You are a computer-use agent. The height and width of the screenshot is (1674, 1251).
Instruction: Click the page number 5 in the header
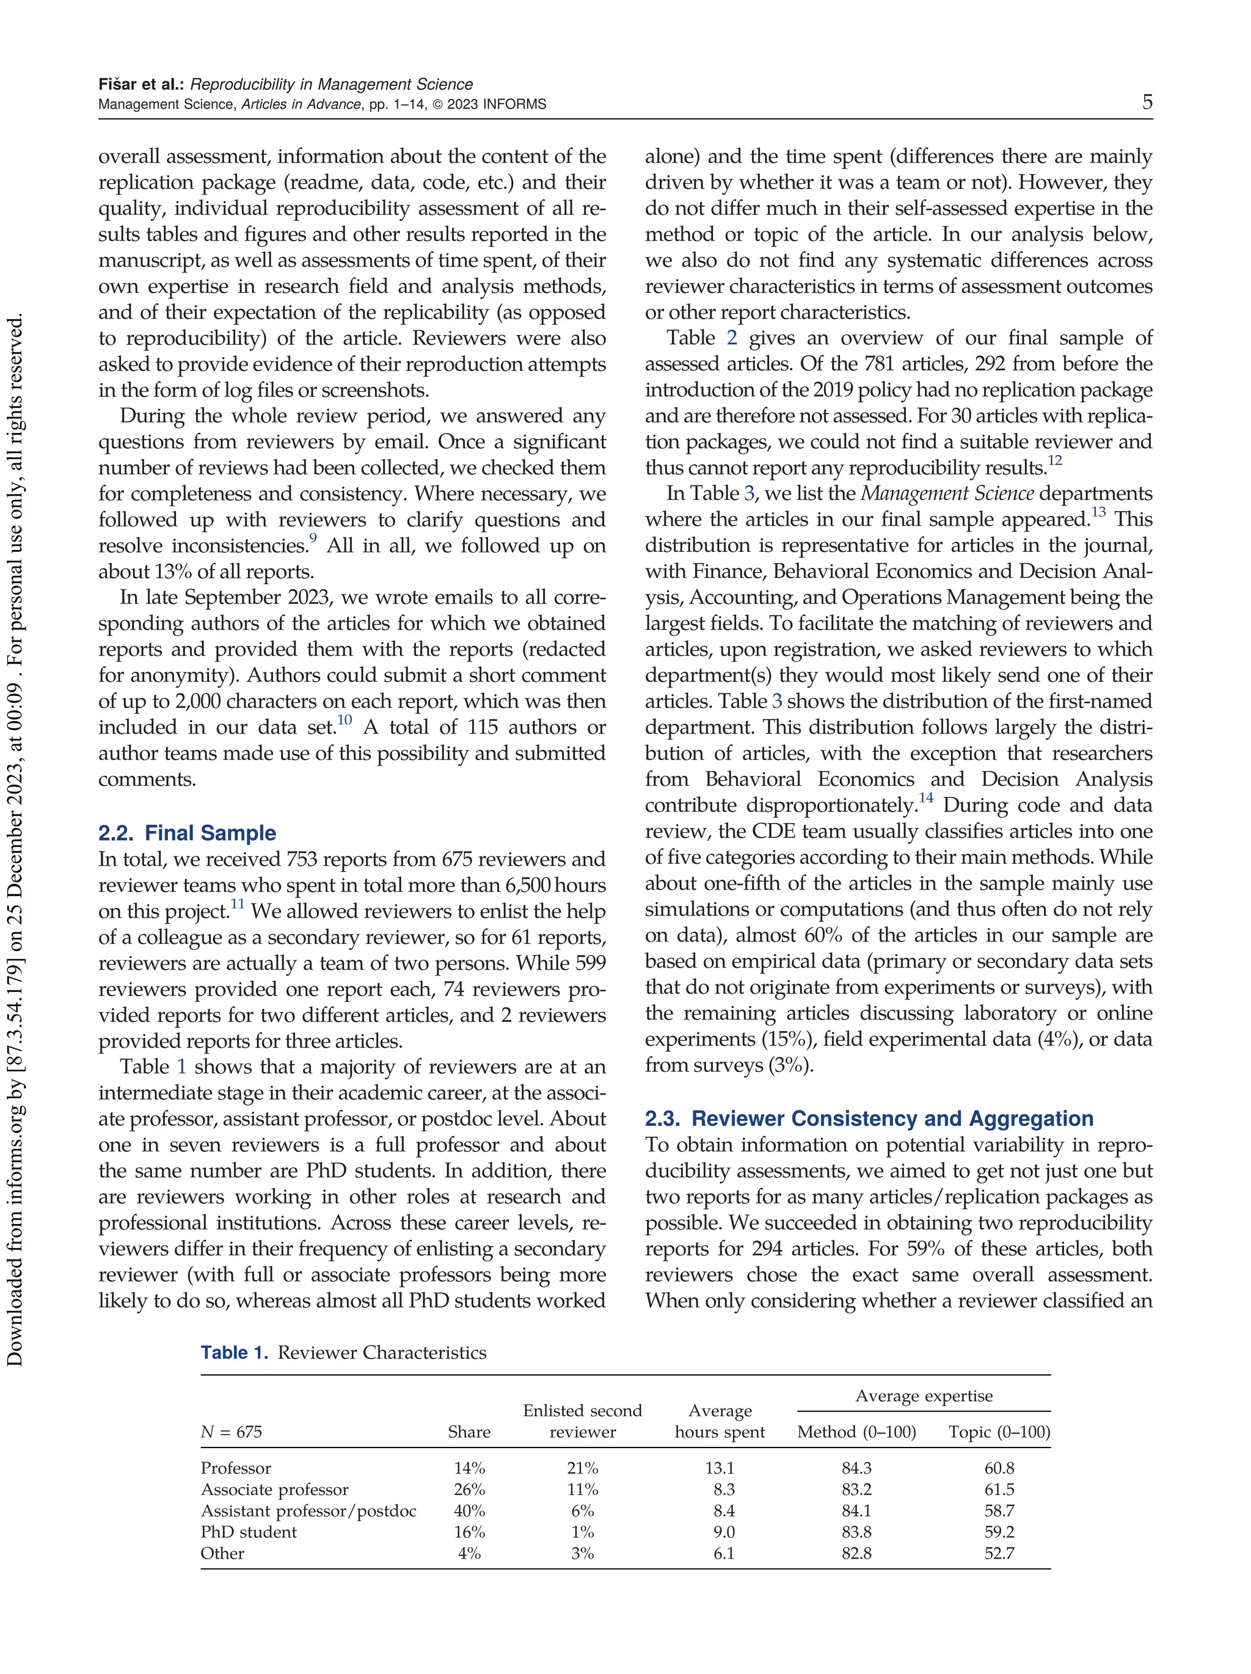[1147, 102]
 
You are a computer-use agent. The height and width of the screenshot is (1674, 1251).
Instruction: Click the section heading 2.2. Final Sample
[187, 833]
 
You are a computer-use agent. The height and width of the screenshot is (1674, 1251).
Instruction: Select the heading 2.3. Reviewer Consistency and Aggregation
[869, 1118]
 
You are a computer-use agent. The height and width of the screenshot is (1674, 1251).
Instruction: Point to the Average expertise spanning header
[923, 1396]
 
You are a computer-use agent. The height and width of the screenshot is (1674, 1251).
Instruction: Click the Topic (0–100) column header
[999, 1432]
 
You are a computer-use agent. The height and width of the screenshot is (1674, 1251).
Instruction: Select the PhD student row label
[249, 1532]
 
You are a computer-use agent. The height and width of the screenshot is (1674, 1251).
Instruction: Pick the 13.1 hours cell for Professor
[720, 1468]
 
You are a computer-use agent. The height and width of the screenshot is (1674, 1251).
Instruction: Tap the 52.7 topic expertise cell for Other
[999, 1553]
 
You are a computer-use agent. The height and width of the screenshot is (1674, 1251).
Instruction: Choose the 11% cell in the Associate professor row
[582, 1490]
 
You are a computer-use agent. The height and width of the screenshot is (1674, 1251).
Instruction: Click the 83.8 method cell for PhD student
[856, 1532]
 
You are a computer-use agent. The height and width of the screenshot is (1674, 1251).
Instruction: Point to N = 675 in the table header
[231, 1432]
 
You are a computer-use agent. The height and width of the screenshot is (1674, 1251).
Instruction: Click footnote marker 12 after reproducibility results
[1055, 461]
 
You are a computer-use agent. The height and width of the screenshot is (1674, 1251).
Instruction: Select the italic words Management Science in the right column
[947, 494]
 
